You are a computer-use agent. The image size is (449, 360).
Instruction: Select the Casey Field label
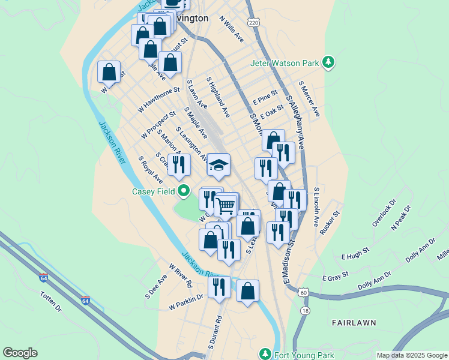(154, 192)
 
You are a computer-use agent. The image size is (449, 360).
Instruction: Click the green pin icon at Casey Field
(185, 192)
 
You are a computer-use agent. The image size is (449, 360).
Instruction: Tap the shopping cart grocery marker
(226, 206)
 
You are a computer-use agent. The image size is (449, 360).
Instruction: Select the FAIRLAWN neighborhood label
(354, 322)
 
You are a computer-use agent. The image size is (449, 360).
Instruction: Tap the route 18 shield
(306, 311)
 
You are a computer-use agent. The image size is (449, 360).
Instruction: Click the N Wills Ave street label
(232, 29)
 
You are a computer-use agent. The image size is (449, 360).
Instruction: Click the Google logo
(20, 353)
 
